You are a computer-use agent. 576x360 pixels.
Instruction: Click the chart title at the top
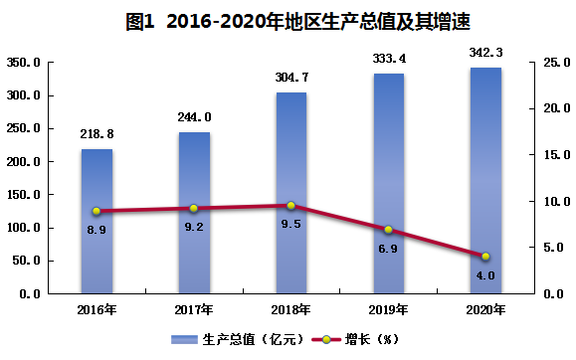(x=297, y=21)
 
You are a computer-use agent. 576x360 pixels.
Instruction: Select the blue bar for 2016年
(x=96, y=221)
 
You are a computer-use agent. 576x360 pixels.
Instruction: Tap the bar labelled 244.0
(x=194, y=213)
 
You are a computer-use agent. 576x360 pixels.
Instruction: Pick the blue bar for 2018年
(x=291, y=193)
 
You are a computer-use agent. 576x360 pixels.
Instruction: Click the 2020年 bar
(x=485, y=180)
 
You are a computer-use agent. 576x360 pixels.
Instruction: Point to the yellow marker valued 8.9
(x=96, y=211)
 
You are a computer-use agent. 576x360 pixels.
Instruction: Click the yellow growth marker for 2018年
(x=290, y=205)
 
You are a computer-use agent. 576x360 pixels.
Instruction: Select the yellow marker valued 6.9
(x=388, y=230)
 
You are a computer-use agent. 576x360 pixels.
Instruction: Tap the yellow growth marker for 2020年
(x=485, y=257)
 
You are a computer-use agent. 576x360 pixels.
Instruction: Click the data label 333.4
(x=389, y=59)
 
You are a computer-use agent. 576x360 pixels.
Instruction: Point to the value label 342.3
(x=485, y=53)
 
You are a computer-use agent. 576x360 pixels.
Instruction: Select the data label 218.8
(x=96, y=134)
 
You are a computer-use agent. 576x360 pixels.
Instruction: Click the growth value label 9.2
(x=194, y=227)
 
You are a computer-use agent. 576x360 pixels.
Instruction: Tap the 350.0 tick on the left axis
(x=24, y=63)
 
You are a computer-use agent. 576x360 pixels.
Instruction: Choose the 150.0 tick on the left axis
(x=24, y=195)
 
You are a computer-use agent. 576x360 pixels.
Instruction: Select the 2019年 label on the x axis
(x=388, y=310)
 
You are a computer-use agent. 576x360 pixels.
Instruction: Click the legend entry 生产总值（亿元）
(x=238, y=339)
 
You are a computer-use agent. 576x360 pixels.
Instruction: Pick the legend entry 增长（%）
(x=355, y=339)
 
